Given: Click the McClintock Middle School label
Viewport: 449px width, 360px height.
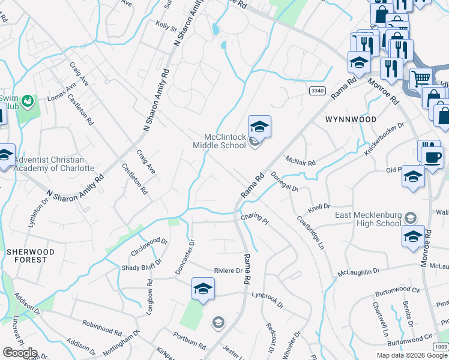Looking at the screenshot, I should click(219, 141).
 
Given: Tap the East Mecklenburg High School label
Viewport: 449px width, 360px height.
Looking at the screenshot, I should click(368, 219).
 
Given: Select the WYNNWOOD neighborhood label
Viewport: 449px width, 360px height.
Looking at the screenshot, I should click(351, 119).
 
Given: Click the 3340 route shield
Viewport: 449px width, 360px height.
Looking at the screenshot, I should click(318, 91).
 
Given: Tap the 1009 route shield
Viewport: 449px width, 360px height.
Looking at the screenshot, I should click(441, 347).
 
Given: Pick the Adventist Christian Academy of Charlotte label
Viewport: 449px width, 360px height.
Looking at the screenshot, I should click(54, 164).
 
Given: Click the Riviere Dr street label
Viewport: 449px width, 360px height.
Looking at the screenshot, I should click(231, 271).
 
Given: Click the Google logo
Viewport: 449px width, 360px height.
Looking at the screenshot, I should click(19, 353).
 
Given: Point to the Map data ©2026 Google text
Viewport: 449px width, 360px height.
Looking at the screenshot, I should click(412, 355).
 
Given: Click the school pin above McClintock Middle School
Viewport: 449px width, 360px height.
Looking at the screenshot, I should click(259, 127).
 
